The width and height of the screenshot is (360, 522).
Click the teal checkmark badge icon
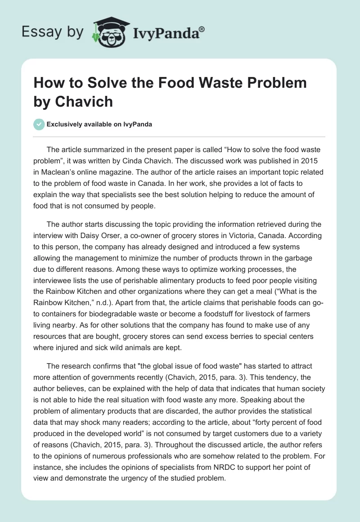[x=39, y=124]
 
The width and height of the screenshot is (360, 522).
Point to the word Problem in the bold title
[x=275, y=83]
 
